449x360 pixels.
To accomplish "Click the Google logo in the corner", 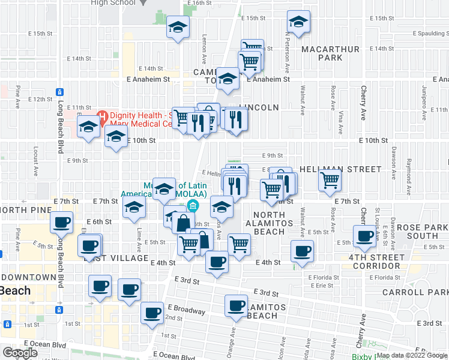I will click(20, 353).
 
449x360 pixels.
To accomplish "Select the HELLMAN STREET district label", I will click(340, 170).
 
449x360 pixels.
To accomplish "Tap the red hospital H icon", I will click(102, 114).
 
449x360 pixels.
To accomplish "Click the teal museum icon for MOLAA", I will click(193, 207).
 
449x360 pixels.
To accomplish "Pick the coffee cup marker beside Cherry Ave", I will click(364, 236).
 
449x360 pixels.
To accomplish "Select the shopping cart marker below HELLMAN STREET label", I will click(330, 179).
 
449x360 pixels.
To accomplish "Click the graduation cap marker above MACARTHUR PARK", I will click(297, 23).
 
